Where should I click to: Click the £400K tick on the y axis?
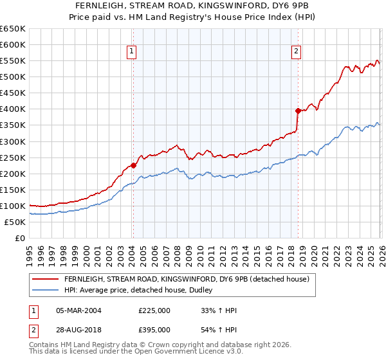tap(13, 109)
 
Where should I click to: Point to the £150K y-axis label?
tap(13, 190)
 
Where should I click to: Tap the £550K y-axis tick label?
tap(13, 60)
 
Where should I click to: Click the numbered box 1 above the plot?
tap(131, 52)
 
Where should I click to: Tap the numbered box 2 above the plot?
tap(297, 52)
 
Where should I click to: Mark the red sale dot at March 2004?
tap(133, 165)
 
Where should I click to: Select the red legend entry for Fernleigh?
tap(187, 279)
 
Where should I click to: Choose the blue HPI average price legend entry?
tap(142, 290)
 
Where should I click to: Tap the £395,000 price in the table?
tap(154, 329)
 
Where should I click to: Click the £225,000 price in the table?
tap(154, 310)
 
